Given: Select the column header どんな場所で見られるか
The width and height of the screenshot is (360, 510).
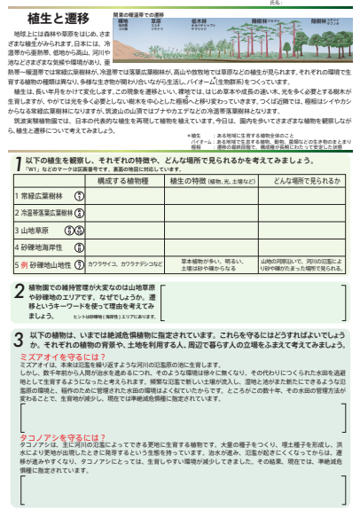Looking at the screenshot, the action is pos(301,181).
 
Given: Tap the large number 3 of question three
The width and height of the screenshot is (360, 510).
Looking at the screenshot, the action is pos(20,339).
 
